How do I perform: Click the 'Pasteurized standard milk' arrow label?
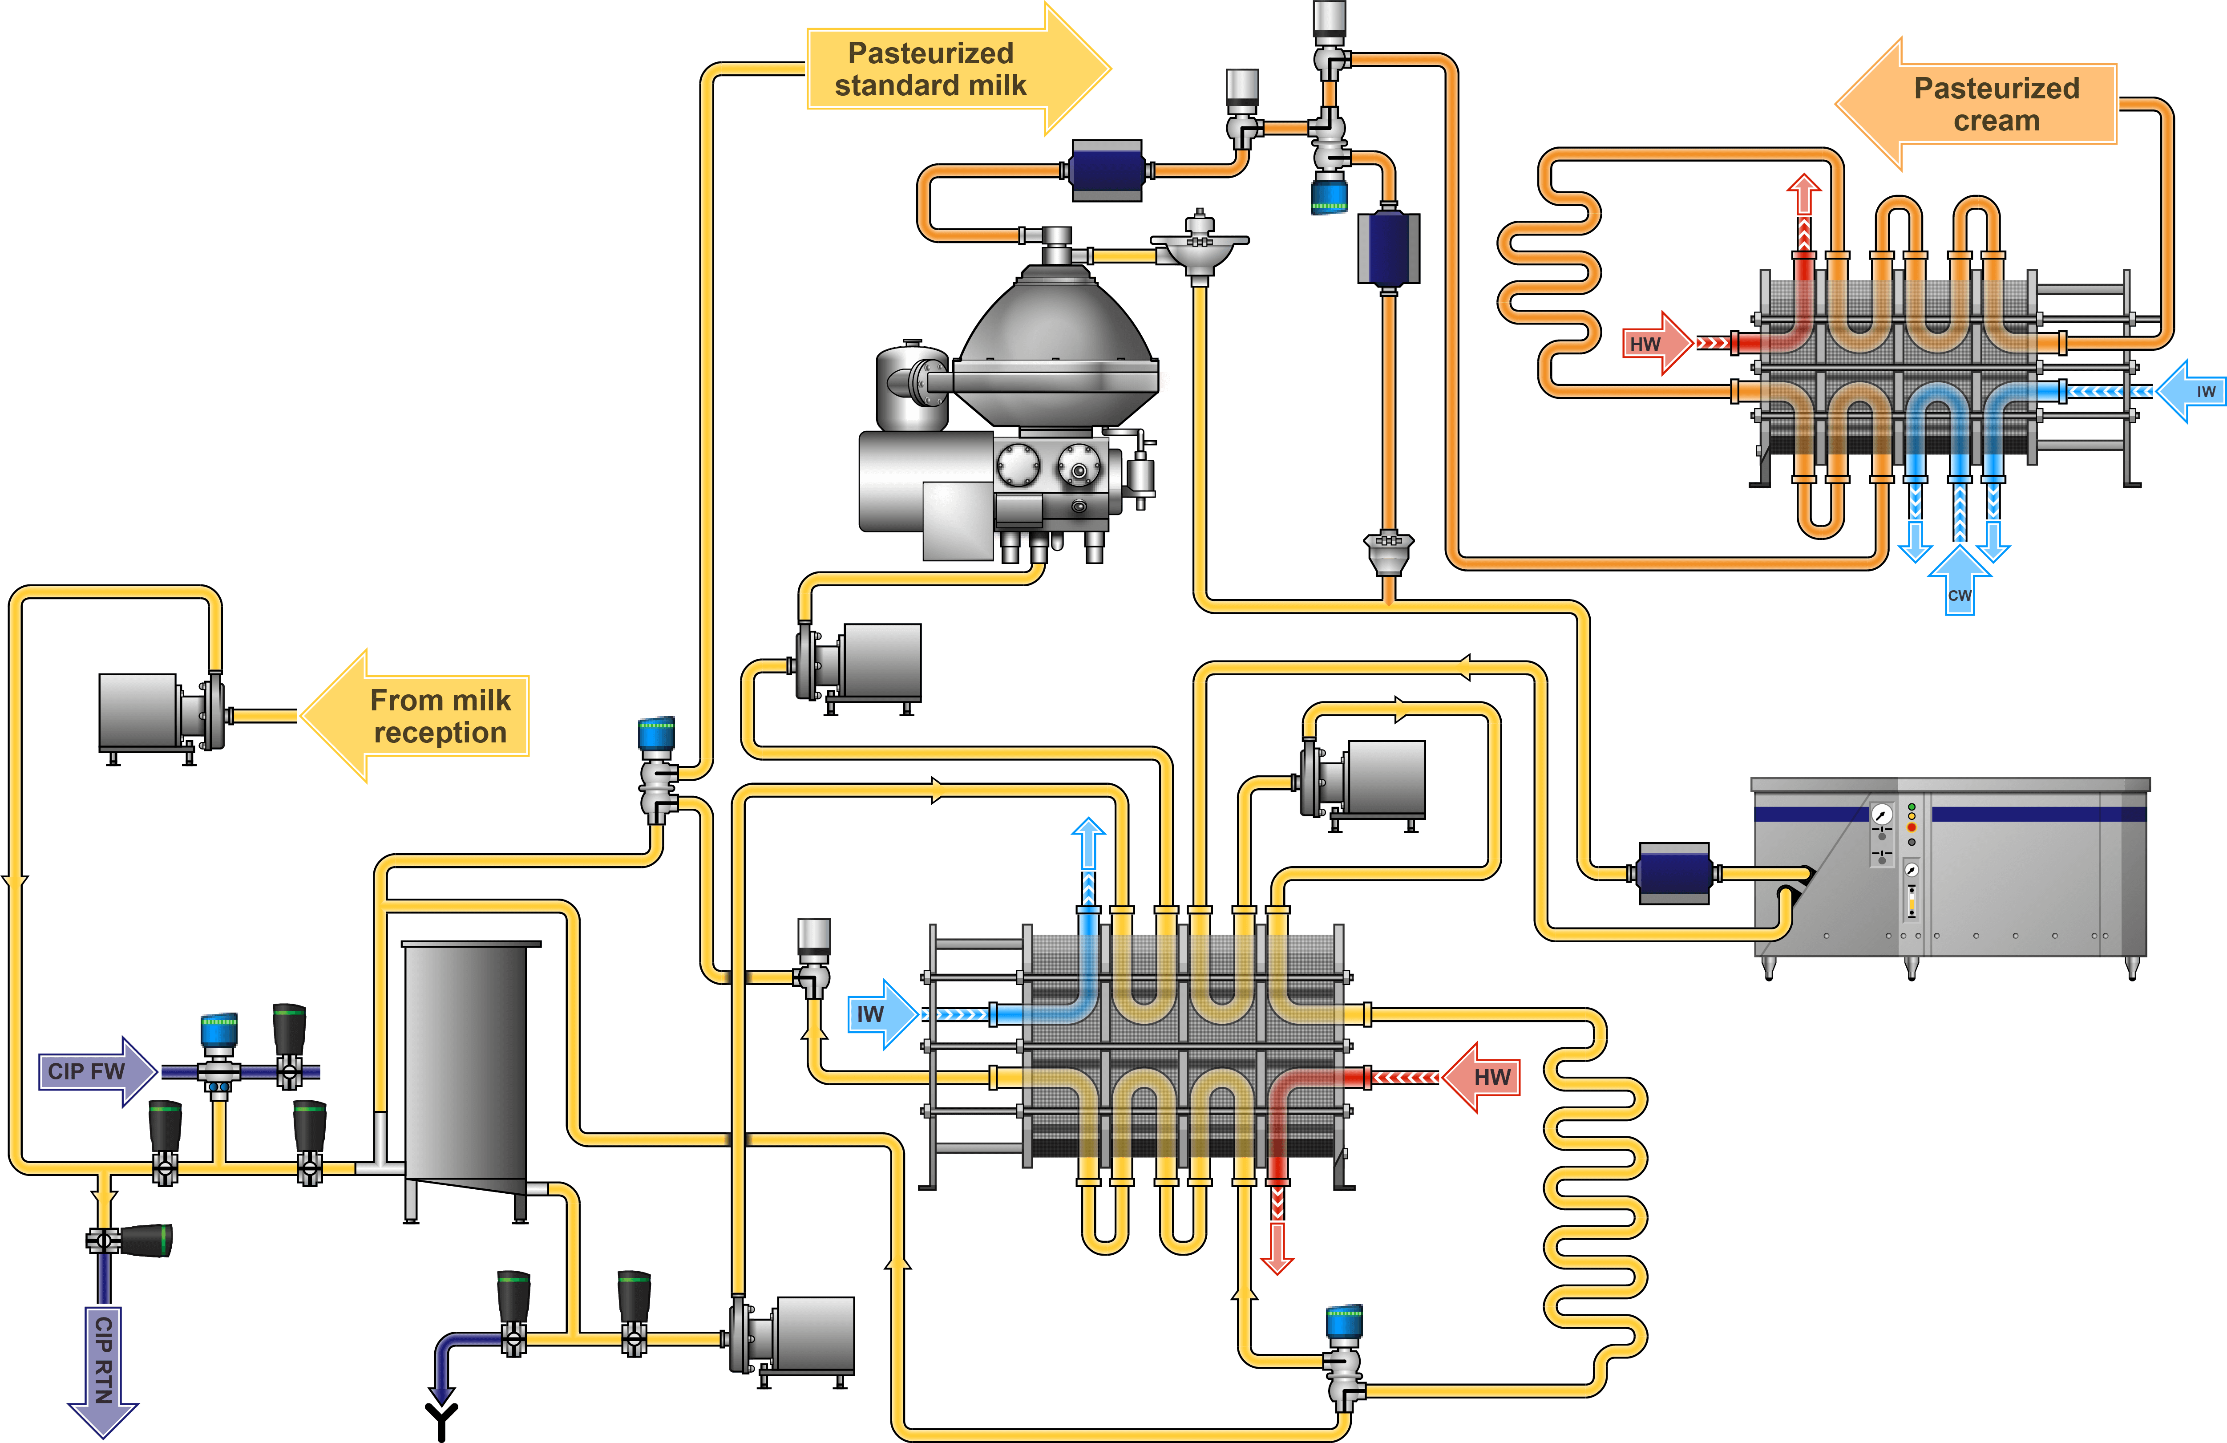pyautogui.click(x=931, y=69)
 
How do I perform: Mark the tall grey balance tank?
pyautogui.click(x=465, y=1062)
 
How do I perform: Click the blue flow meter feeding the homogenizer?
pyautogui.click(x=1675, y=873)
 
